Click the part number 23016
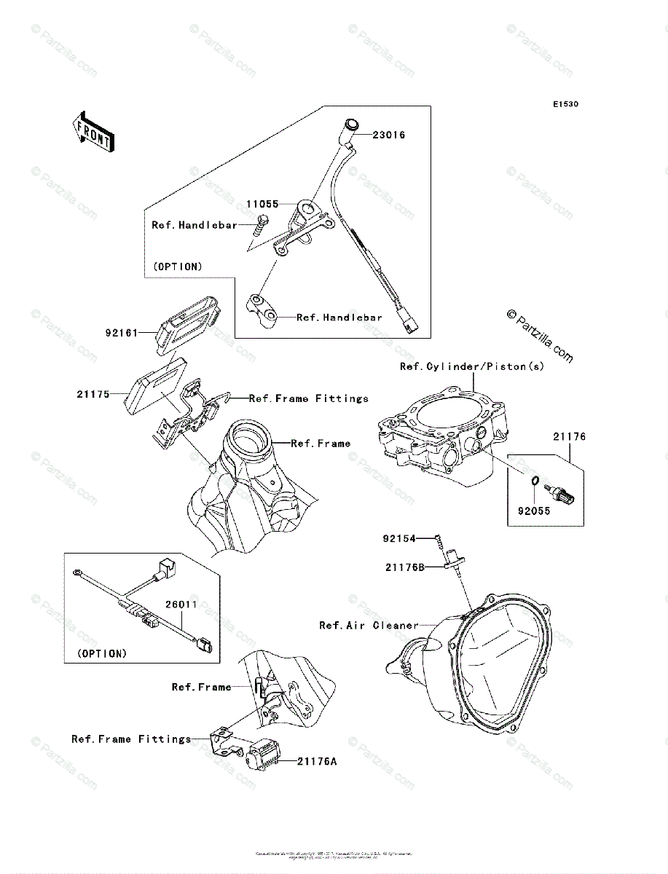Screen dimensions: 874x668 pyautogui.click(x=389, y=135)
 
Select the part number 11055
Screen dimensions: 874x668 pyautogui.click(x=262, y=205)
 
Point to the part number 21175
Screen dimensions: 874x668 pyautogui.click(x=93, y=394)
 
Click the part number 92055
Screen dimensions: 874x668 pyautogui.click(x=534, y=511)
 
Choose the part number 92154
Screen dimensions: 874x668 pyautogui.click(x=399, y=539)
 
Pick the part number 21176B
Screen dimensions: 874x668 pyautogui.click(x=405, y=566)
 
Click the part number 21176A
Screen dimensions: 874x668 pyautogui.click(x=316, y=762)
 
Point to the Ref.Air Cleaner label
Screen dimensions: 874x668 pyautogui.click(x=369, y=625)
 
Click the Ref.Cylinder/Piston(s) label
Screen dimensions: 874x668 pyautogui.click(x=472, y=366)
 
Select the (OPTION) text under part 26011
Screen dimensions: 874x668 pyautogui.click(x=102, y=653)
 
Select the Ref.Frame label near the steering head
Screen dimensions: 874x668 pyautogui.click(x=321, y=443)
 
